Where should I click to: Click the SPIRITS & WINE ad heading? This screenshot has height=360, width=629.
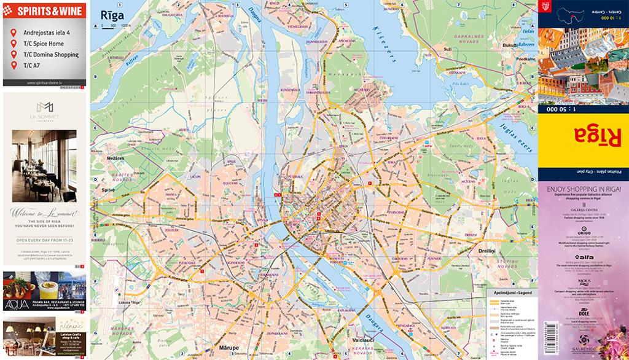tap(44, 10)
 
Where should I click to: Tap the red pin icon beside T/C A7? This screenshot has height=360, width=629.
tap(14, 65)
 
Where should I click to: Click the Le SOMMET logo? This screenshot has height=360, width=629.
tap(44, 111)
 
